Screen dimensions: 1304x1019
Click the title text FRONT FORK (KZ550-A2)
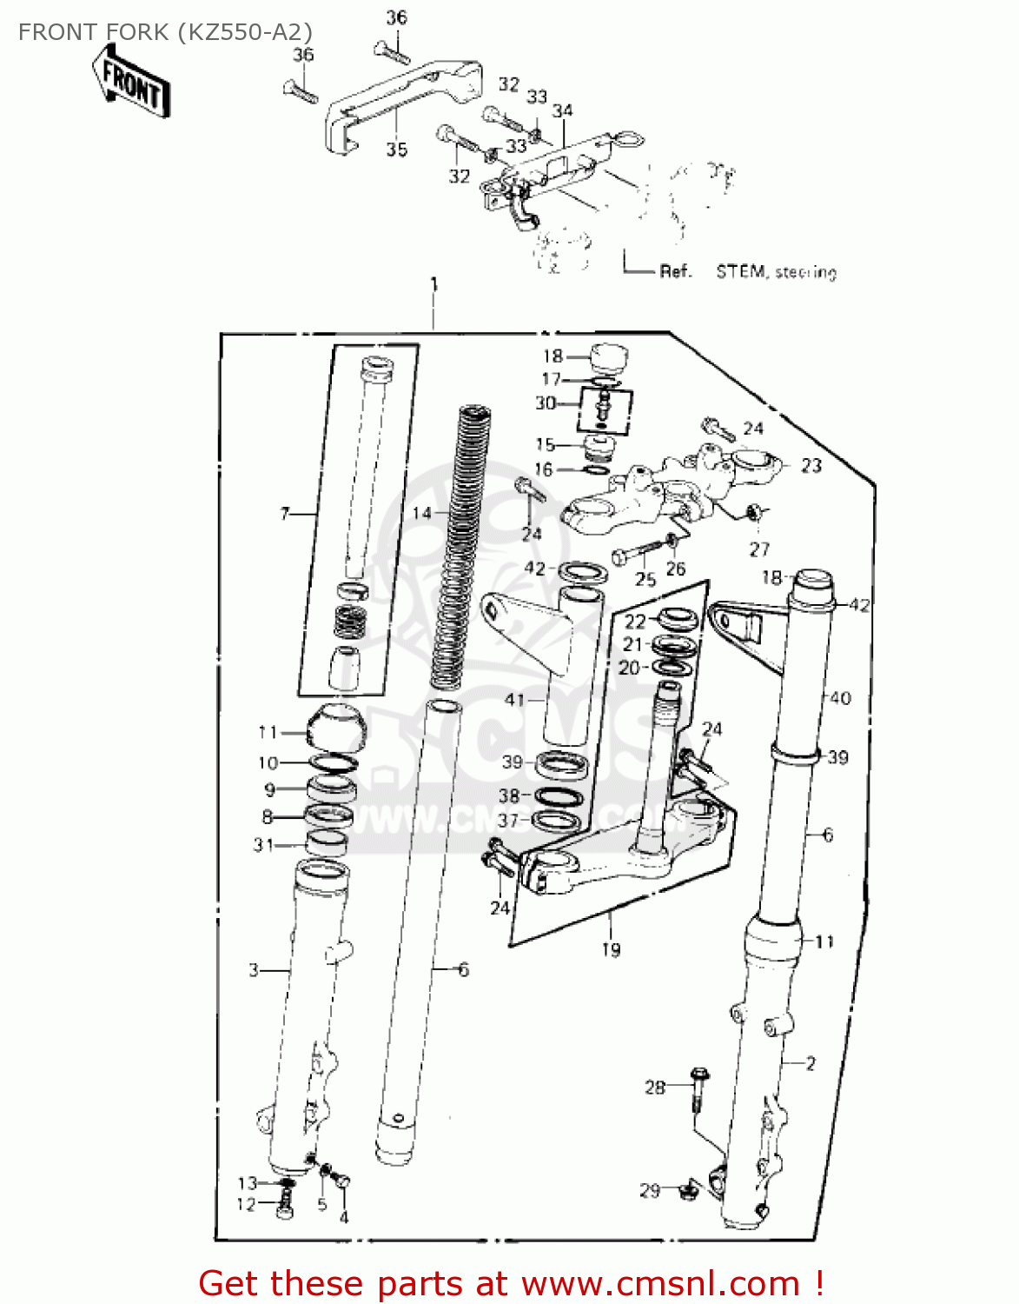[165, 32]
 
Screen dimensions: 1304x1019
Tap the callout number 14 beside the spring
[422, 513]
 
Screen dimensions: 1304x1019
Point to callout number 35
[396, 150]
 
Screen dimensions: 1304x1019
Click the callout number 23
[811, 466]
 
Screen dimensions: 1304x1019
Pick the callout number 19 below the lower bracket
[611, 950]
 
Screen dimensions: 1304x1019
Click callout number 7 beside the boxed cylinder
[285, 514]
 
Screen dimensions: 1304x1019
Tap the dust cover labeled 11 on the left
[335, 729]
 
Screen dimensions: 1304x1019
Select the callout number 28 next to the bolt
[654, 1087]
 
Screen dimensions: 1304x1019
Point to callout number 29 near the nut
[650, 1190]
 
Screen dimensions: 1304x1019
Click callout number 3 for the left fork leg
[254, 969]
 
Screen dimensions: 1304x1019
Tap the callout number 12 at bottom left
[247, 1204]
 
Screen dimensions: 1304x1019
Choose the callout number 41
[514, 699]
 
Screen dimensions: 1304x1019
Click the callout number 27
[759, 549]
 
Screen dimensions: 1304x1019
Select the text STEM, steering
[776, 272]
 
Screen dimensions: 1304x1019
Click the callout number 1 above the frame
[433, 285]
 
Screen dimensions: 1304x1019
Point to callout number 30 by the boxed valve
[545, 403]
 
